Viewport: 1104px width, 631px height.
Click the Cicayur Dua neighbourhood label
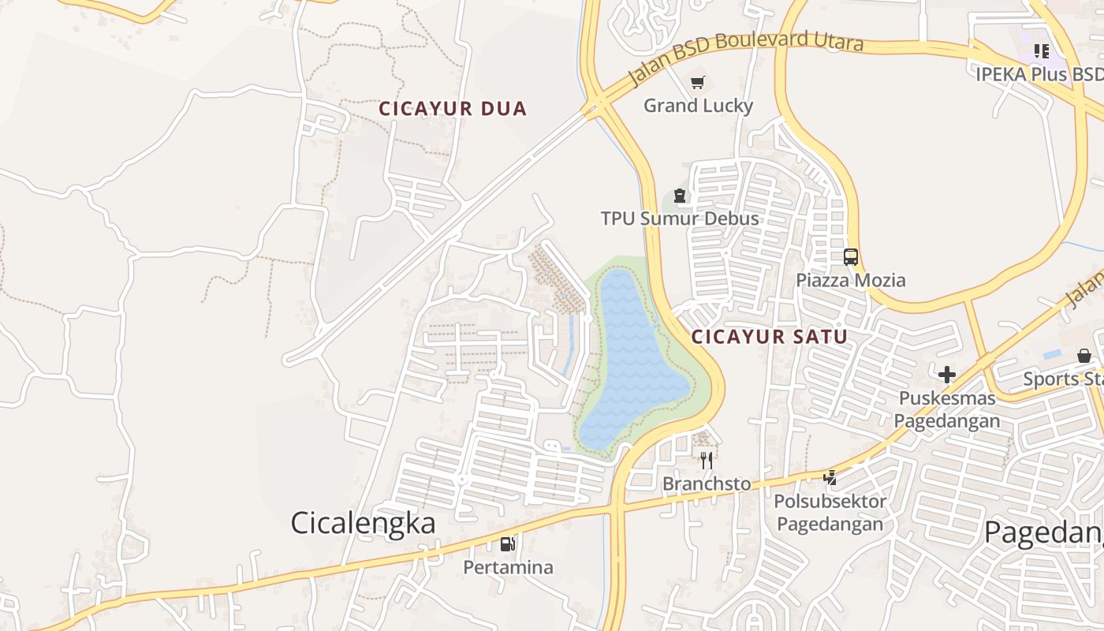click(x=452, y=109)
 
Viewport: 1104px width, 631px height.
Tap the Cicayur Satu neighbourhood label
click(x=769, y=337)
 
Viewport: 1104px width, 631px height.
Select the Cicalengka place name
click(x=363, y=523)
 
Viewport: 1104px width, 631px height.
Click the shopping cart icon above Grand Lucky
click(x=697, y=83)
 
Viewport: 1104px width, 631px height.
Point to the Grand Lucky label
click(x=698, y=106)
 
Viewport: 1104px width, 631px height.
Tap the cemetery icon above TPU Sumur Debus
click(x=679, y=196)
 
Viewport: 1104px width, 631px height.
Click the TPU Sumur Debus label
click(x=680, y=218)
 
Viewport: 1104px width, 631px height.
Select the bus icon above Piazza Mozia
click(x=850, y=256)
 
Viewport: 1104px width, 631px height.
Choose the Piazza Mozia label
click(x=850, y=280)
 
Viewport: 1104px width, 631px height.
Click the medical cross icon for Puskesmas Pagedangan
click(x=946, y=375)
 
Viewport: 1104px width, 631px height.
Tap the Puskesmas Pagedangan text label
click(x=946, y=409)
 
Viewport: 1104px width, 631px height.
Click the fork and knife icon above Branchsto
click(x=707, y=460)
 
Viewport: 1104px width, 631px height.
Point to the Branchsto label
click(x=707, y=484)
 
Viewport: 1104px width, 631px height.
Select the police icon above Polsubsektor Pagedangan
click(x=830, y=477)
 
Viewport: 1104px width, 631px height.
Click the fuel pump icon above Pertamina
click(x=507, y=543)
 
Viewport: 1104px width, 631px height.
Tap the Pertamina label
click(x=508, y=567)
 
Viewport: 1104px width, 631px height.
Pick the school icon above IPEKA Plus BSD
click(x=1041, y=51)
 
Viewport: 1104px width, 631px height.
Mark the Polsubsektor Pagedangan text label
click(x=830, y=512)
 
